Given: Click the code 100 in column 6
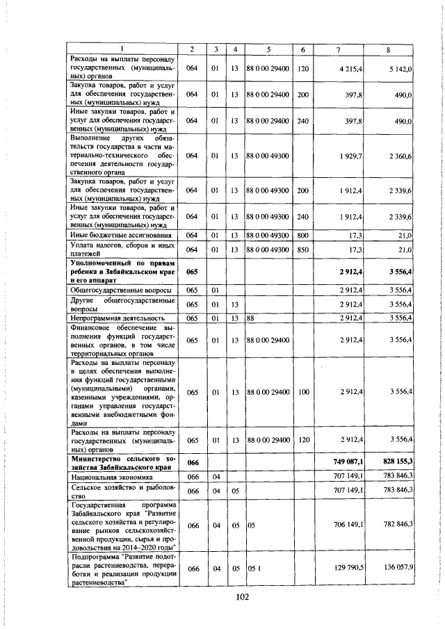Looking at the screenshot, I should (x=303, y=393).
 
